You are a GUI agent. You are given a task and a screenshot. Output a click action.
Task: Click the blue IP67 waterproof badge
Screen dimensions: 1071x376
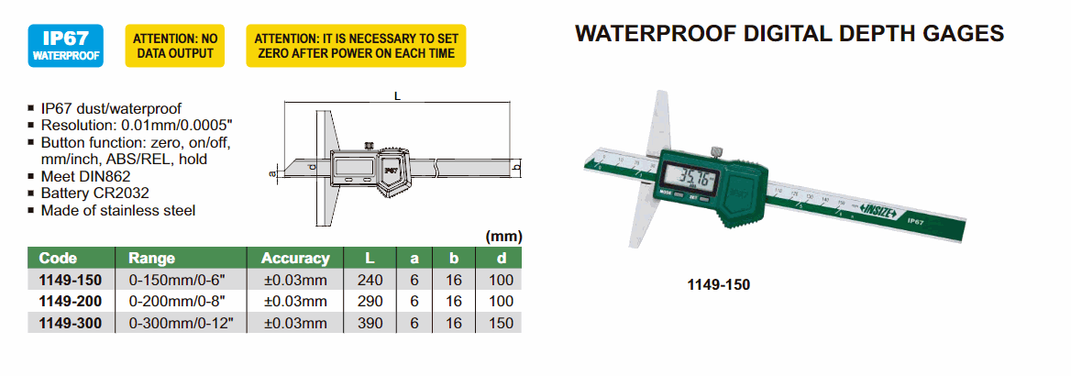pyautogui.click(x=66, y=45)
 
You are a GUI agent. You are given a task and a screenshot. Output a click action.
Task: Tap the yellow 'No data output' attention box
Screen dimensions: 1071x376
pyautogui.click(x=175, y=45)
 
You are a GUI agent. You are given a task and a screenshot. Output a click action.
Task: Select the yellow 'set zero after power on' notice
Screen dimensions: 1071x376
pyautogui.click(x=356, y=45)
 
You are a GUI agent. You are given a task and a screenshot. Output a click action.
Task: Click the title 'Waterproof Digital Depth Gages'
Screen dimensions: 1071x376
pyautogui.click(x=789, y=34)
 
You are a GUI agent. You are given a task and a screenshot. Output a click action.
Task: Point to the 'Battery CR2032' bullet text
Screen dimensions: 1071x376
pyautogui.click(x=95, y=194)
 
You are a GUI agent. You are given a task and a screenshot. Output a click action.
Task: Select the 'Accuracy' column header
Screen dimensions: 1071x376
pyautogui.click(x=296, y=259)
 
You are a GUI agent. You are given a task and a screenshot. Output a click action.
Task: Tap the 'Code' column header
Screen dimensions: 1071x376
pyautogui.click(x=58, y=259)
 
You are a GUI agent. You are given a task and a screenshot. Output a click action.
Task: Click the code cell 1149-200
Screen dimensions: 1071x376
pyautogui.click(x=71, y=302)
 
